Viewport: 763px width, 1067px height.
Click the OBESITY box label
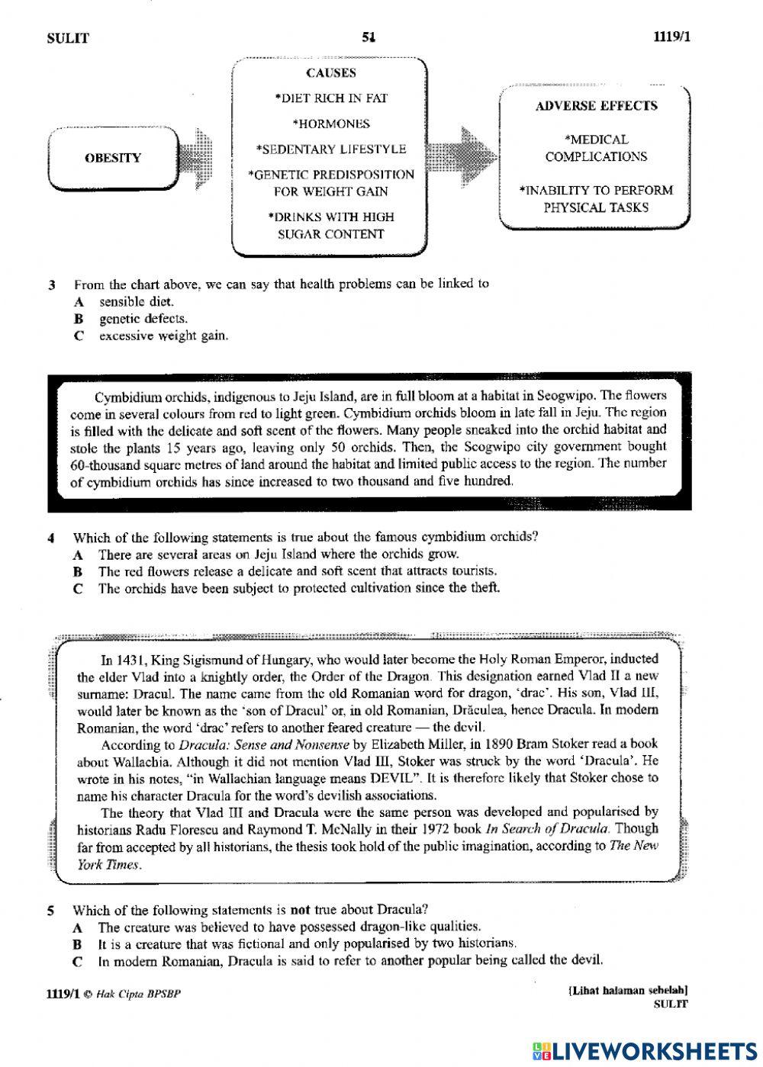pos(112,158)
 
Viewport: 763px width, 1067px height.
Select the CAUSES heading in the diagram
pos(330,73)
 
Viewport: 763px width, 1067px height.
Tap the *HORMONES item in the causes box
pos(330,124)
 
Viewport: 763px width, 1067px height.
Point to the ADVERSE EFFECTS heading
pos(596,106)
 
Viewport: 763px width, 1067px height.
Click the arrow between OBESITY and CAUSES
pos(194,158)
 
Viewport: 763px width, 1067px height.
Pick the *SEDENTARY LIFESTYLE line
pos(330,149)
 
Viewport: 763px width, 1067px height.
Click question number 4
pos(50,537)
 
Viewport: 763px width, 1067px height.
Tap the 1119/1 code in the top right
pos(671,37)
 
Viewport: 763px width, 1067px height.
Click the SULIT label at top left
pos(68,38)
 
